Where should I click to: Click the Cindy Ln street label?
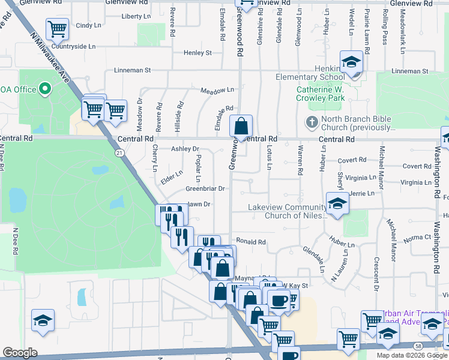pos(88,25)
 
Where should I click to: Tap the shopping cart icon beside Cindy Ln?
pos(57,28)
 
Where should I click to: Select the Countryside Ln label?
pos(73,46)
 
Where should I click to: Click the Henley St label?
pos(198,53)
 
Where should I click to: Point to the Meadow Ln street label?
pos(217,90)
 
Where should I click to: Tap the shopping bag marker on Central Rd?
pos(241,126)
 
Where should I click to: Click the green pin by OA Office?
pos(46,89)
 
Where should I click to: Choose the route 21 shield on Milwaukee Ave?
pos(119,154)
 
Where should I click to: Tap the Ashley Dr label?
pos(185,149)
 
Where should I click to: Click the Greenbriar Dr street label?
pos(205,188)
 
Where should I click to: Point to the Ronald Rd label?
pos(250,242)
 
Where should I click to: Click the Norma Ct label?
pos(418,238)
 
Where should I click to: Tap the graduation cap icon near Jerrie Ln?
pos(337,203)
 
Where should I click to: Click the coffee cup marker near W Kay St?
pos(279,300)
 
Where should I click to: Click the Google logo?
pos(20,353)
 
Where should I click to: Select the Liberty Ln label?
pos(136,16)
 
